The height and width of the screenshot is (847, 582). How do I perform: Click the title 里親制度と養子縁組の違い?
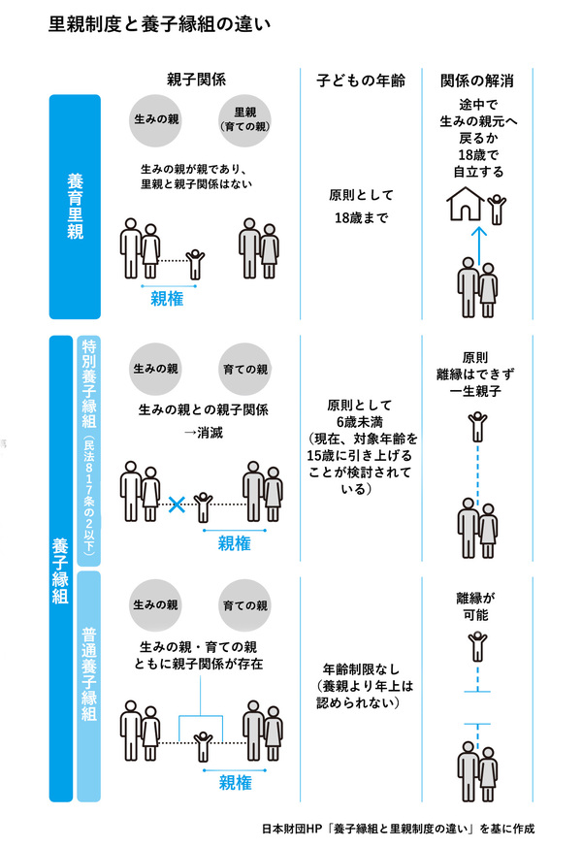(160, 23)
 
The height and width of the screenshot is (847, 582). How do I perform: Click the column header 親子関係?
(196, 80)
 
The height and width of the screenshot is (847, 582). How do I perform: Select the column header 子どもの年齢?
(361, 81)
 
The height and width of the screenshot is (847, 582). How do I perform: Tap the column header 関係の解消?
(477, 81)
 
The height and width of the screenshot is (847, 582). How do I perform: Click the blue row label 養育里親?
(75, 207)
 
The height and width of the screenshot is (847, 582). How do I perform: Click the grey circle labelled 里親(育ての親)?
(245, 120)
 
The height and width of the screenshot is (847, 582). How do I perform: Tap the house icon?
(465, 204)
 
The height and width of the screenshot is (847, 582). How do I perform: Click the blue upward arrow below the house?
(478, 241)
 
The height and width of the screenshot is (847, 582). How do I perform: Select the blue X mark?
(177, 505)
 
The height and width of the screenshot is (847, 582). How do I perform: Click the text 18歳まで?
(361, 217)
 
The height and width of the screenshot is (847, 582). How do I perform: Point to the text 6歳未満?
(359, 422)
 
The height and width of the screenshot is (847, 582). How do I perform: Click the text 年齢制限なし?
(361, 669)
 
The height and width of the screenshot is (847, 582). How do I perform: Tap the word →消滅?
(203, 433)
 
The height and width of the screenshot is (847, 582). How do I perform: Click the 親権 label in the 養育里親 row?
(167, 299)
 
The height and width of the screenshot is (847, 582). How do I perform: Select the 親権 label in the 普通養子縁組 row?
(235, 783)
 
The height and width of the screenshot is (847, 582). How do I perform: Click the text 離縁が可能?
(475, 606)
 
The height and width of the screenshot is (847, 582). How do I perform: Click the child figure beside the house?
(497, 210)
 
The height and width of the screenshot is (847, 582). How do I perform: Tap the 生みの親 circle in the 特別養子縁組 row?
(155, 369)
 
